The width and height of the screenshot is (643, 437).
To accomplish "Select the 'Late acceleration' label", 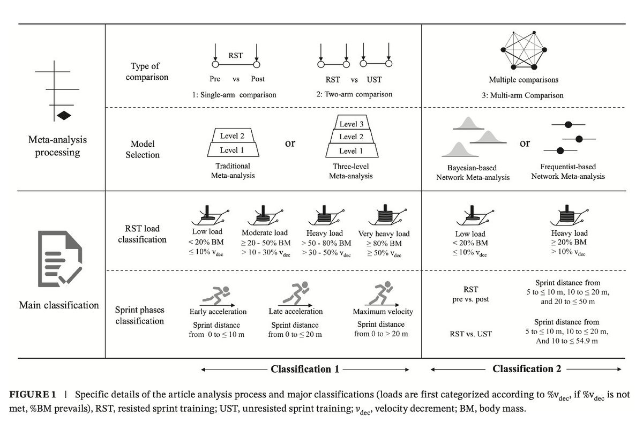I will [x=296, y=311].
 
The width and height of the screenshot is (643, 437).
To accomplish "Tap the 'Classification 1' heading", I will [x=304, y=368].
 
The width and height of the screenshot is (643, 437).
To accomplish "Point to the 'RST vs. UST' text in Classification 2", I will [x=470, y=334].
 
